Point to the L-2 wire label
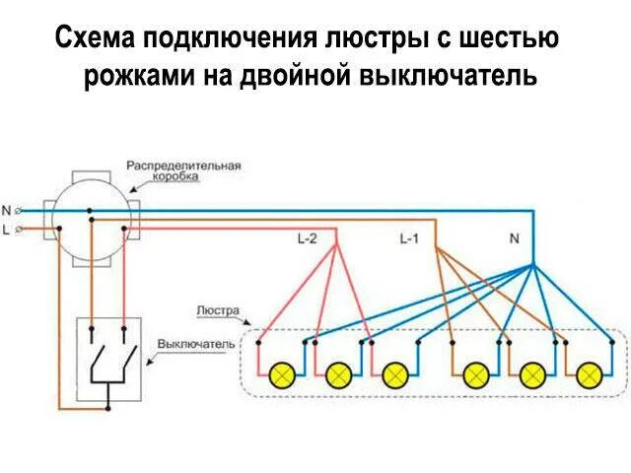click(308, 238)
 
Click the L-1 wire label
click(410, 238)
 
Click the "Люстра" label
click(218, 308)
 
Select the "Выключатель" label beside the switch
click(195, 344)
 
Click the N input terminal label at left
click(7, 210)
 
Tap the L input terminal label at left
click(7, 230)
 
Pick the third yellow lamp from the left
click(395, 374)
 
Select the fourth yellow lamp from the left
click(477, 374)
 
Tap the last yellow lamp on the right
click(590, 374)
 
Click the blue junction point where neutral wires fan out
click(532, 266)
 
